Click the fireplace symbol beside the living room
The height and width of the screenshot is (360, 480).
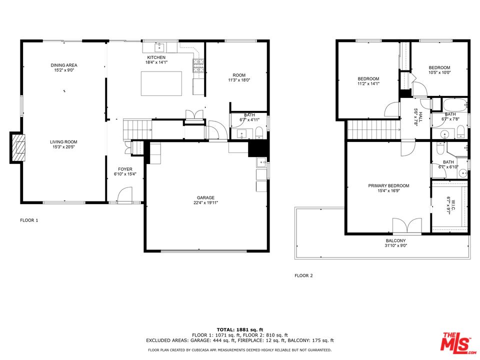[17, 147]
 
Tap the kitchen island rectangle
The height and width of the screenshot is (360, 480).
[161, 83]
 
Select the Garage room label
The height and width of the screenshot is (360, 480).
[205, 197]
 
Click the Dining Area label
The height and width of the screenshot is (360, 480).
[64, 65]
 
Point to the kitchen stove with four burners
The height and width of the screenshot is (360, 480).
[198, 65]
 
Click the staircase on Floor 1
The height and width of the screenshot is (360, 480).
[137, 128]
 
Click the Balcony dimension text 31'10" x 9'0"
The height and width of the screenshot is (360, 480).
[395, 245]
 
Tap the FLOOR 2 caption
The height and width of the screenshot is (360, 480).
[303, 275]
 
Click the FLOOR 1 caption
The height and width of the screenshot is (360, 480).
[29, 220]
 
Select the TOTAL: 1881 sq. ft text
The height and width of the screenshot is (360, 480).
[239, 329]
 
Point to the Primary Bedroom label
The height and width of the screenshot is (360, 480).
[388, 185]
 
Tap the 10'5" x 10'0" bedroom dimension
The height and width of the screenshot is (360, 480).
[439, 72]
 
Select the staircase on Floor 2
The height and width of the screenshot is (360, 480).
[373, 130]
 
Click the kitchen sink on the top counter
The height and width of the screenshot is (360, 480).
[160, 48]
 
